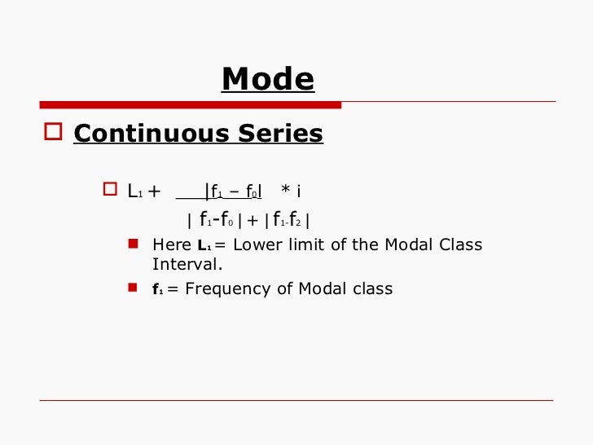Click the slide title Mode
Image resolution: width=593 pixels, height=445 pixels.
267,80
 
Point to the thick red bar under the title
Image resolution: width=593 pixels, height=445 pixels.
191,105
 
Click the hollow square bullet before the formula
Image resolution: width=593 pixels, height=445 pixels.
111,191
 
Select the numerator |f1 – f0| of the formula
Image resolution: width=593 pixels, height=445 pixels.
233,192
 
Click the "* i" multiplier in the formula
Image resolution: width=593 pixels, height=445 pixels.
291,192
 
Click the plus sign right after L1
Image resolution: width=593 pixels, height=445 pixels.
153,192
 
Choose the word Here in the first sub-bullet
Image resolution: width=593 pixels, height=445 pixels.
172,245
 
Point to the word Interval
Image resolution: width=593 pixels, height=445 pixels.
187,264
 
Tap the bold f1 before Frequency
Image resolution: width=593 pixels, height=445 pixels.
157,289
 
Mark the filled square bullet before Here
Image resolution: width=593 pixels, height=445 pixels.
134,244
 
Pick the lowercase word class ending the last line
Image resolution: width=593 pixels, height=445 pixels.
373,289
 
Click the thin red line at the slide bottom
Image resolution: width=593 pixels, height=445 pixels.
296,400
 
